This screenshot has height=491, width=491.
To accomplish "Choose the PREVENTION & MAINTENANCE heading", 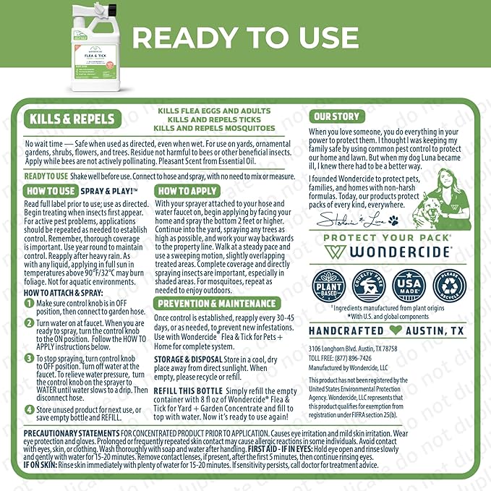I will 217,304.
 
